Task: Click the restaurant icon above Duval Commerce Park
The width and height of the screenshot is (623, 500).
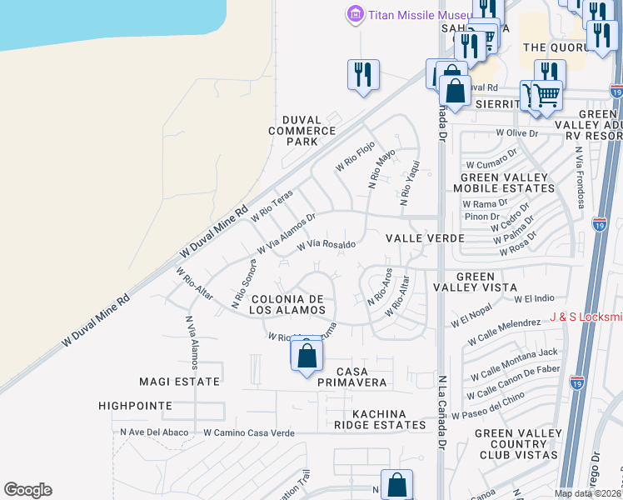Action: (363, 74)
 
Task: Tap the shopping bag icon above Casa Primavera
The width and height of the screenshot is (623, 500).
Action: (307, 355)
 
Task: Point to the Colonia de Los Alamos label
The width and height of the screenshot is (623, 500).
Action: (287, 304)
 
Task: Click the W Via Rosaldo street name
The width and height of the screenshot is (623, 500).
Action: (326, 245)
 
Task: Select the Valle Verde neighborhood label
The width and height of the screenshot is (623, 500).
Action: (425, 238)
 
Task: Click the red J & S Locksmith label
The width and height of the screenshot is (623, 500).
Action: (586, 317)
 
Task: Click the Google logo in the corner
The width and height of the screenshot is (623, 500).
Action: (27, 490)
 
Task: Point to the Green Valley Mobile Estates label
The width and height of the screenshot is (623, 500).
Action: (504, 182)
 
